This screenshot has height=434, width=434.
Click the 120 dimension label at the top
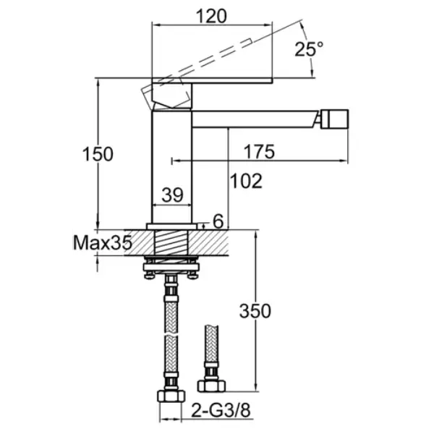[x=211, y=16]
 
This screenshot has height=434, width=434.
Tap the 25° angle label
[x=308, y=49]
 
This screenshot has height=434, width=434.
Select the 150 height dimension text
[x=98, y=154]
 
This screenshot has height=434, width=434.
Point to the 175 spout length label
[x=260, y=152]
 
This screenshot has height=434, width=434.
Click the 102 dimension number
[x=246, y=181]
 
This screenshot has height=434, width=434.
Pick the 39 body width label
[x=172, y=195]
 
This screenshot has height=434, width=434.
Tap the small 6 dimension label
[x=218, y=221]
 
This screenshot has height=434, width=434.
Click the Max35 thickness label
[x=103, y=243]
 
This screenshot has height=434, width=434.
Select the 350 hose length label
[x=255, y=311]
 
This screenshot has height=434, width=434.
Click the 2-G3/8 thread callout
[x=221, y=410]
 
